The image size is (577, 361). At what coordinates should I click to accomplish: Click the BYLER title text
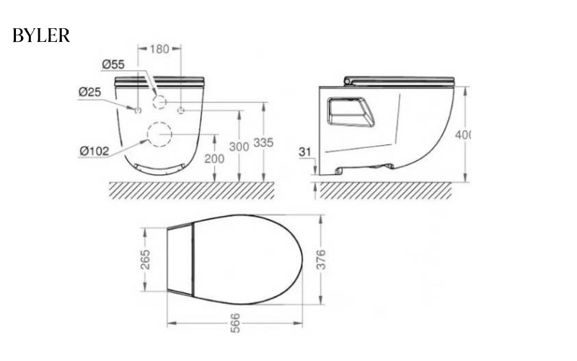[x=41, y=36]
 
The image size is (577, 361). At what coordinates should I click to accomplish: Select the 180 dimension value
[x=159, y=48]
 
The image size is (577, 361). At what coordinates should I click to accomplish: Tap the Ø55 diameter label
[x=114, y=64]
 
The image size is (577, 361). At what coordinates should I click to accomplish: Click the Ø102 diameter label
[x=94, y=151]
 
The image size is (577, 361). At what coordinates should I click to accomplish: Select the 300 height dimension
[x=239, y=146]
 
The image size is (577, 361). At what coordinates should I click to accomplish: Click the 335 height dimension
[x=263, y=143]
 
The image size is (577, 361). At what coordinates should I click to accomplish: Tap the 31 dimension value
[x=306, y=152]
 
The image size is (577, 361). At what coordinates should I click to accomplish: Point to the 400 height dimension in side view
[x=464, y=135]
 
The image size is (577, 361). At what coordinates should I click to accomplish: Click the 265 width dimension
[x=145, y=259]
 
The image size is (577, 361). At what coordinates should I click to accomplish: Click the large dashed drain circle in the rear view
[x=159, y=134]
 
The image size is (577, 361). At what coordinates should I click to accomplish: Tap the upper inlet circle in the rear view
[x=159, y=102]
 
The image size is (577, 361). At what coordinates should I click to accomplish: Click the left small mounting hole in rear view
[x=137, y=110]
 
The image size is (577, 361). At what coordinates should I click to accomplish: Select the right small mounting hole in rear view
[x=181, y=110]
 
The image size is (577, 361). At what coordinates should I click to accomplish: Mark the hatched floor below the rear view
[x=191, y=190]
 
